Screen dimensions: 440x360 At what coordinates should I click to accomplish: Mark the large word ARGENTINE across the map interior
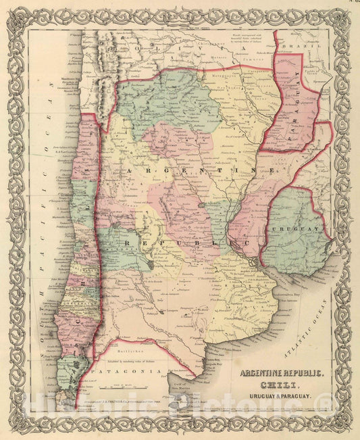coord(196,173)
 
